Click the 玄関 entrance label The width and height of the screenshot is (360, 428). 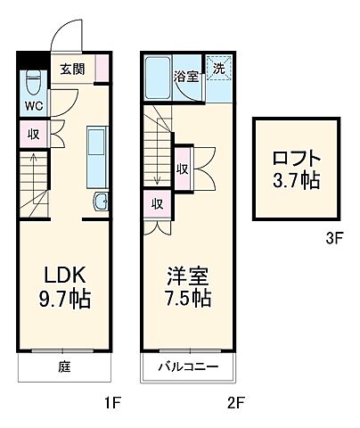72,68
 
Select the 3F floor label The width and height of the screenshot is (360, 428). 333,238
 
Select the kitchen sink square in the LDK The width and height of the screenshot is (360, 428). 101,201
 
